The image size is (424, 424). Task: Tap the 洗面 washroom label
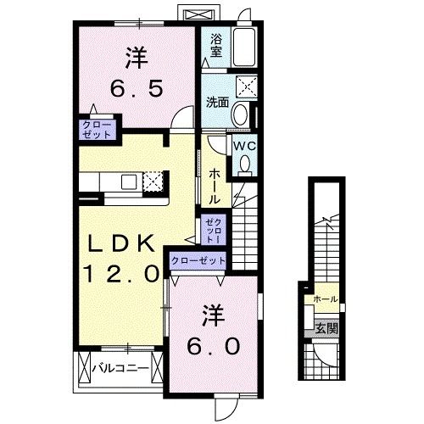[x=216, y=103]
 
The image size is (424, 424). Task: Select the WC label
[x=245, y=145]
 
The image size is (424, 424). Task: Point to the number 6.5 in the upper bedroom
[x=138, y=87]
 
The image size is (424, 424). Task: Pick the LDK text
[x=120, y=243]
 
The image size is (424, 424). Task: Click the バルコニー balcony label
[x=121, y=369]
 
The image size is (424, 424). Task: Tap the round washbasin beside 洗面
[x=242, y=114]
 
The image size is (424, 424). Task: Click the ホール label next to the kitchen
[x=215, y=184]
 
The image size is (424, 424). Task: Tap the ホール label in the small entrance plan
[x=325, y=299]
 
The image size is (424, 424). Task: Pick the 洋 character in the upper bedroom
[x=138, y=58]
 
